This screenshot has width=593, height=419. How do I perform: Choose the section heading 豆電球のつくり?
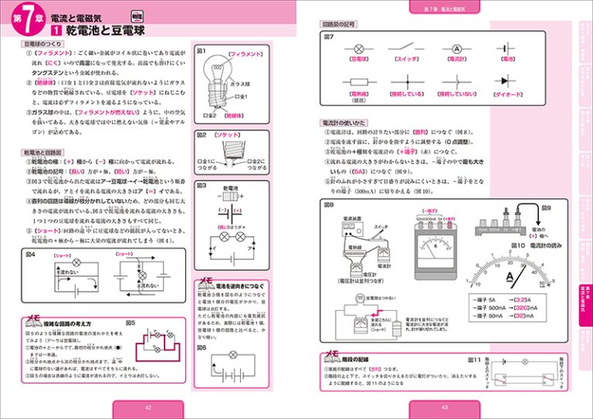coord(45,44)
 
